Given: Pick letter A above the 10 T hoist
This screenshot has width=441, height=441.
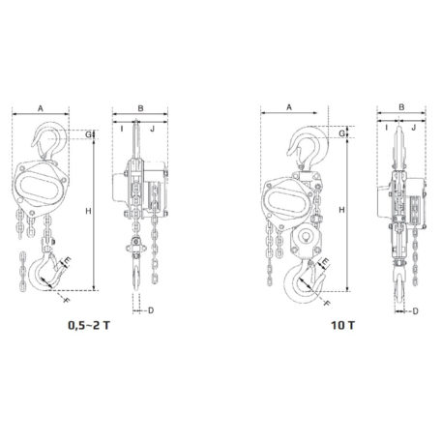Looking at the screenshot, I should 290,107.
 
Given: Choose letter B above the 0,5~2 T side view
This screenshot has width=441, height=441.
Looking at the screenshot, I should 140,107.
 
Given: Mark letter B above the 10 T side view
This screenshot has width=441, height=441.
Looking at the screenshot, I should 400,107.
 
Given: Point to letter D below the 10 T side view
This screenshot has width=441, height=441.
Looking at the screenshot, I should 414,309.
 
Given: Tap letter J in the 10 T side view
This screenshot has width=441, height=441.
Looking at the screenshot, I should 413,126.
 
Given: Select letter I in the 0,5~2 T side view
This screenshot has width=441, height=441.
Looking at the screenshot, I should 123,126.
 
